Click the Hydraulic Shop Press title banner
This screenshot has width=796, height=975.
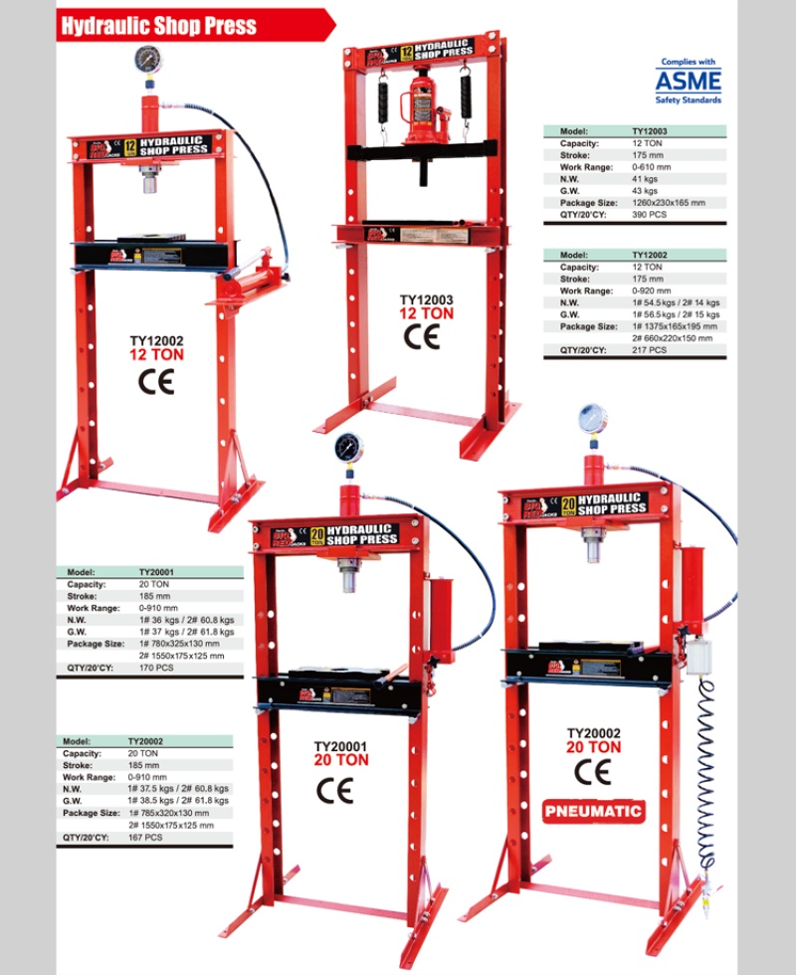click(159, 25)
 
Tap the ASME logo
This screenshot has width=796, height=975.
click(688, 80)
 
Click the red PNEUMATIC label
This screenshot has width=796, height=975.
click(594, 811)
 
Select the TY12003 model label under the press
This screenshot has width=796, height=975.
click(426, 297)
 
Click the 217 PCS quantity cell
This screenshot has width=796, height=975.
click(650, 350)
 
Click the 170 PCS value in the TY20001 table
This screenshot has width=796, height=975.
click(157, 669)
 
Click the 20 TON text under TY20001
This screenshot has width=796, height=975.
click(341, 760)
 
